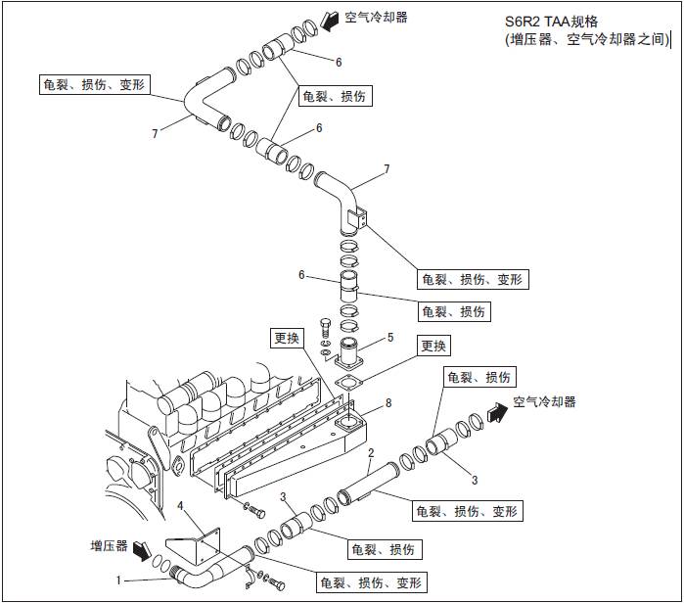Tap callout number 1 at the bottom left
point(118,580)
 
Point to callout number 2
point(371,453)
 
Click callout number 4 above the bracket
point(181,505)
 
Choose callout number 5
point(389,338)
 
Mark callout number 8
point(388,402)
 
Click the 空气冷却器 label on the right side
point(544,402)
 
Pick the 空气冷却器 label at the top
point(377,17)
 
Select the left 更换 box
point(287,339)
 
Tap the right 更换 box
point(434,346)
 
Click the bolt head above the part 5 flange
point(326,322)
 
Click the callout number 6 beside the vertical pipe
point(303,275)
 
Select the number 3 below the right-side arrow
point(475,480)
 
